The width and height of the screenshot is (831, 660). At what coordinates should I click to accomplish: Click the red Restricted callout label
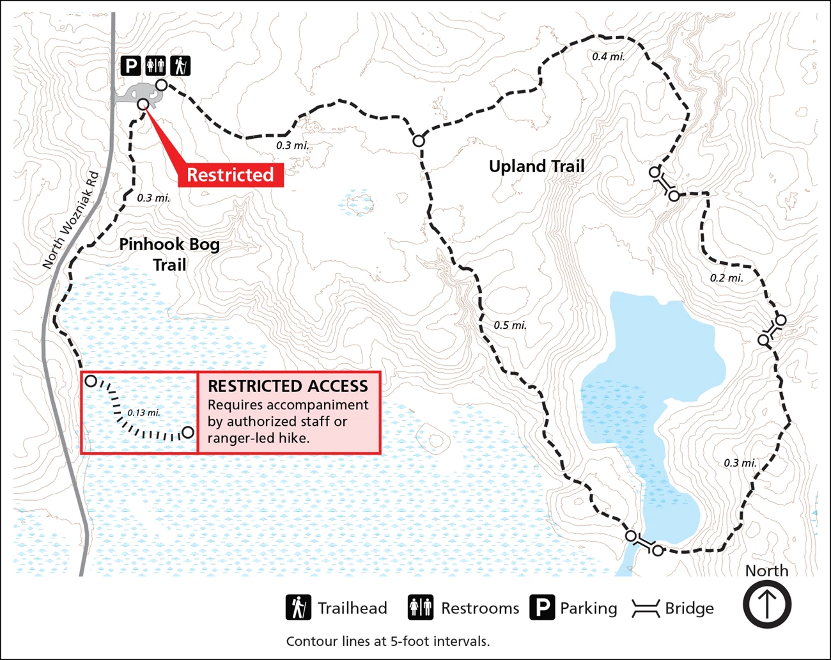click(230, 175)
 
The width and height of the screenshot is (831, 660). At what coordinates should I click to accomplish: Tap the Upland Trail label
click(536, 166)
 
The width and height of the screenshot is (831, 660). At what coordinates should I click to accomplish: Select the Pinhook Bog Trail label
click(169, 254)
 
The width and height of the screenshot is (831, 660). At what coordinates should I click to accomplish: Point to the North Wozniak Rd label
click(70, 219)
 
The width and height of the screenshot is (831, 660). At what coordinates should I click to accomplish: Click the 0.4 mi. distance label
click(608, 56)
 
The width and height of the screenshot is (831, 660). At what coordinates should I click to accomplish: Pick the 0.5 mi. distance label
click(510, 326)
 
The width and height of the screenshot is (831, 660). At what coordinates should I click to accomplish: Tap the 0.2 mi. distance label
click(726, 278)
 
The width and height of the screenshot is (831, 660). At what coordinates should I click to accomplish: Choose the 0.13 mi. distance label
click(143, 412)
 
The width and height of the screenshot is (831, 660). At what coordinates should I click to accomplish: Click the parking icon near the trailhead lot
click(130, 65)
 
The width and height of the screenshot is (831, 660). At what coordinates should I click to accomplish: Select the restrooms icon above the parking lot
click(155, 65)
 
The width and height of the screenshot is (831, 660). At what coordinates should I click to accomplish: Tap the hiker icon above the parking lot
click(181, 65)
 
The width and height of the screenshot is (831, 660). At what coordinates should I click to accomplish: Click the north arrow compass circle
click(766, 604)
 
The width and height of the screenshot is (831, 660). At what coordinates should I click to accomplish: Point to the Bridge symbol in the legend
click(646, 609)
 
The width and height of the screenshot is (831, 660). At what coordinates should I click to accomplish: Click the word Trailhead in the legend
click(352, 608)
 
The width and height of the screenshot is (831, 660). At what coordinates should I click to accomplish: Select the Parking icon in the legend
click(542, 608)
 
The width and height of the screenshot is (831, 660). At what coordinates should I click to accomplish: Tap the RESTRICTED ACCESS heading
click(288, 386)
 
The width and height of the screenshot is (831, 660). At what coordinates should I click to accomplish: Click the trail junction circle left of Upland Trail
click(419, 141)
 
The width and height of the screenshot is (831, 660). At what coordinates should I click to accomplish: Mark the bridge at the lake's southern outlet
click(644, 544)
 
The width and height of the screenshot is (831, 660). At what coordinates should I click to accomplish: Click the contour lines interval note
click(387, 641)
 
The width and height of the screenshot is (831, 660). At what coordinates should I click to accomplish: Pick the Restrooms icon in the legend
click(421, 608)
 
